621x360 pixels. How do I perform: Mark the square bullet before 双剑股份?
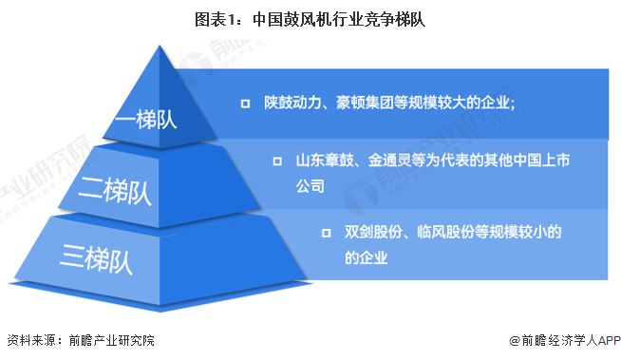[x=326, y=232]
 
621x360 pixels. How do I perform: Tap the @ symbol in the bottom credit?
[x=514, y=340]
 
